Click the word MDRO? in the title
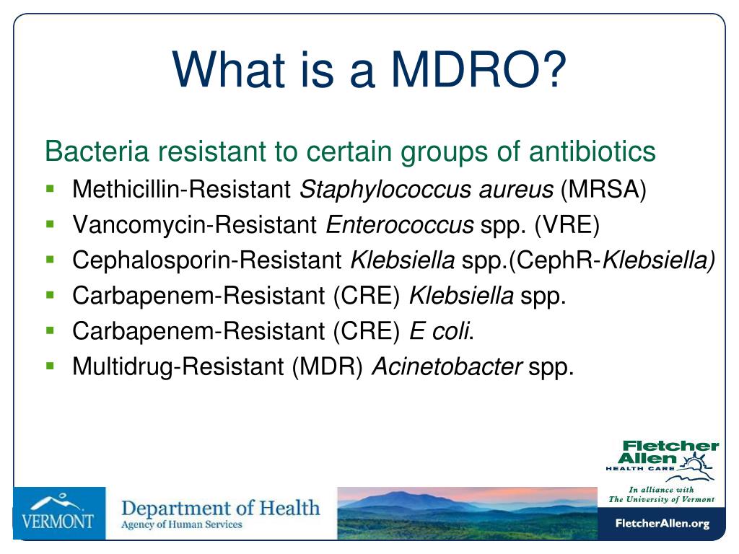point(478,69)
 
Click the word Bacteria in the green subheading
point(97,151)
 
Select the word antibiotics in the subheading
point(592,151)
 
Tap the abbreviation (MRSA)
point(603,190)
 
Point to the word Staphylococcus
point(385,190)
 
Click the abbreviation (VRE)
point(567,225)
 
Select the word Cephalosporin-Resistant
point(207,260)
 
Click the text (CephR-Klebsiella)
point(612,260)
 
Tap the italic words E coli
point(441,330)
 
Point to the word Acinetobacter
point(447,366)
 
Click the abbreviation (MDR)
point(327,366)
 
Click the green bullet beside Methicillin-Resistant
point(51,190)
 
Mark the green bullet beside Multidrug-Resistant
point(51,366)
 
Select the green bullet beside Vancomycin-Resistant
point(51,224)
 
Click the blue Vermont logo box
point(59,513)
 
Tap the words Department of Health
point(221,509)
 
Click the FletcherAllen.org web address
point(663,524)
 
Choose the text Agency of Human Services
point(182,525)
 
